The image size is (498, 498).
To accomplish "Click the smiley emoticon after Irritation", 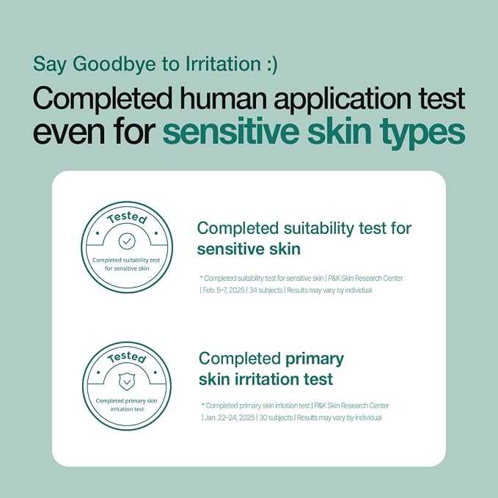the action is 271,65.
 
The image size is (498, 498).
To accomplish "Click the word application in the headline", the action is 343,100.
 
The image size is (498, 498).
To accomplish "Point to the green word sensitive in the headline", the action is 231,131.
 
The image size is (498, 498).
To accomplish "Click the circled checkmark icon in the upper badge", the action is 127,241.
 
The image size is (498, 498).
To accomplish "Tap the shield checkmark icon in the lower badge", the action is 127,381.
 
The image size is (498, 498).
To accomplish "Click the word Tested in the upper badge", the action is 127,218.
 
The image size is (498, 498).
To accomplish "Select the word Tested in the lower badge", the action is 127,358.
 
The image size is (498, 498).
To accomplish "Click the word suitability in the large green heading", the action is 318,229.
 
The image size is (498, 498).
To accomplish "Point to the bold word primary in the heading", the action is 315,359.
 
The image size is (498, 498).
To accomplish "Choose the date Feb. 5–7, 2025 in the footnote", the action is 224,290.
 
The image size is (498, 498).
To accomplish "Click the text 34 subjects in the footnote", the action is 266,290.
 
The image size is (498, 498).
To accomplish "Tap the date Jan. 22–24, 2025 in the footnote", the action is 230,417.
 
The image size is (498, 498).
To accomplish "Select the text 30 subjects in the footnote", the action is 276,417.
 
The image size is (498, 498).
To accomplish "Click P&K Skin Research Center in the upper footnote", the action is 365,278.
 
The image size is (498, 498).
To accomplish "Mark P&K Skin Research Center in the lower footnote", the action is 351,406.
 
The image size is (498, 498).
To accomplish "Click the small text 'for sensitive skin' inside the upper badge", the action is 127,268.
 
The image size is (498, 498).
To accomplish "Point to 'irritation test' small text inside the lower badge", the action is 127,409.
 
